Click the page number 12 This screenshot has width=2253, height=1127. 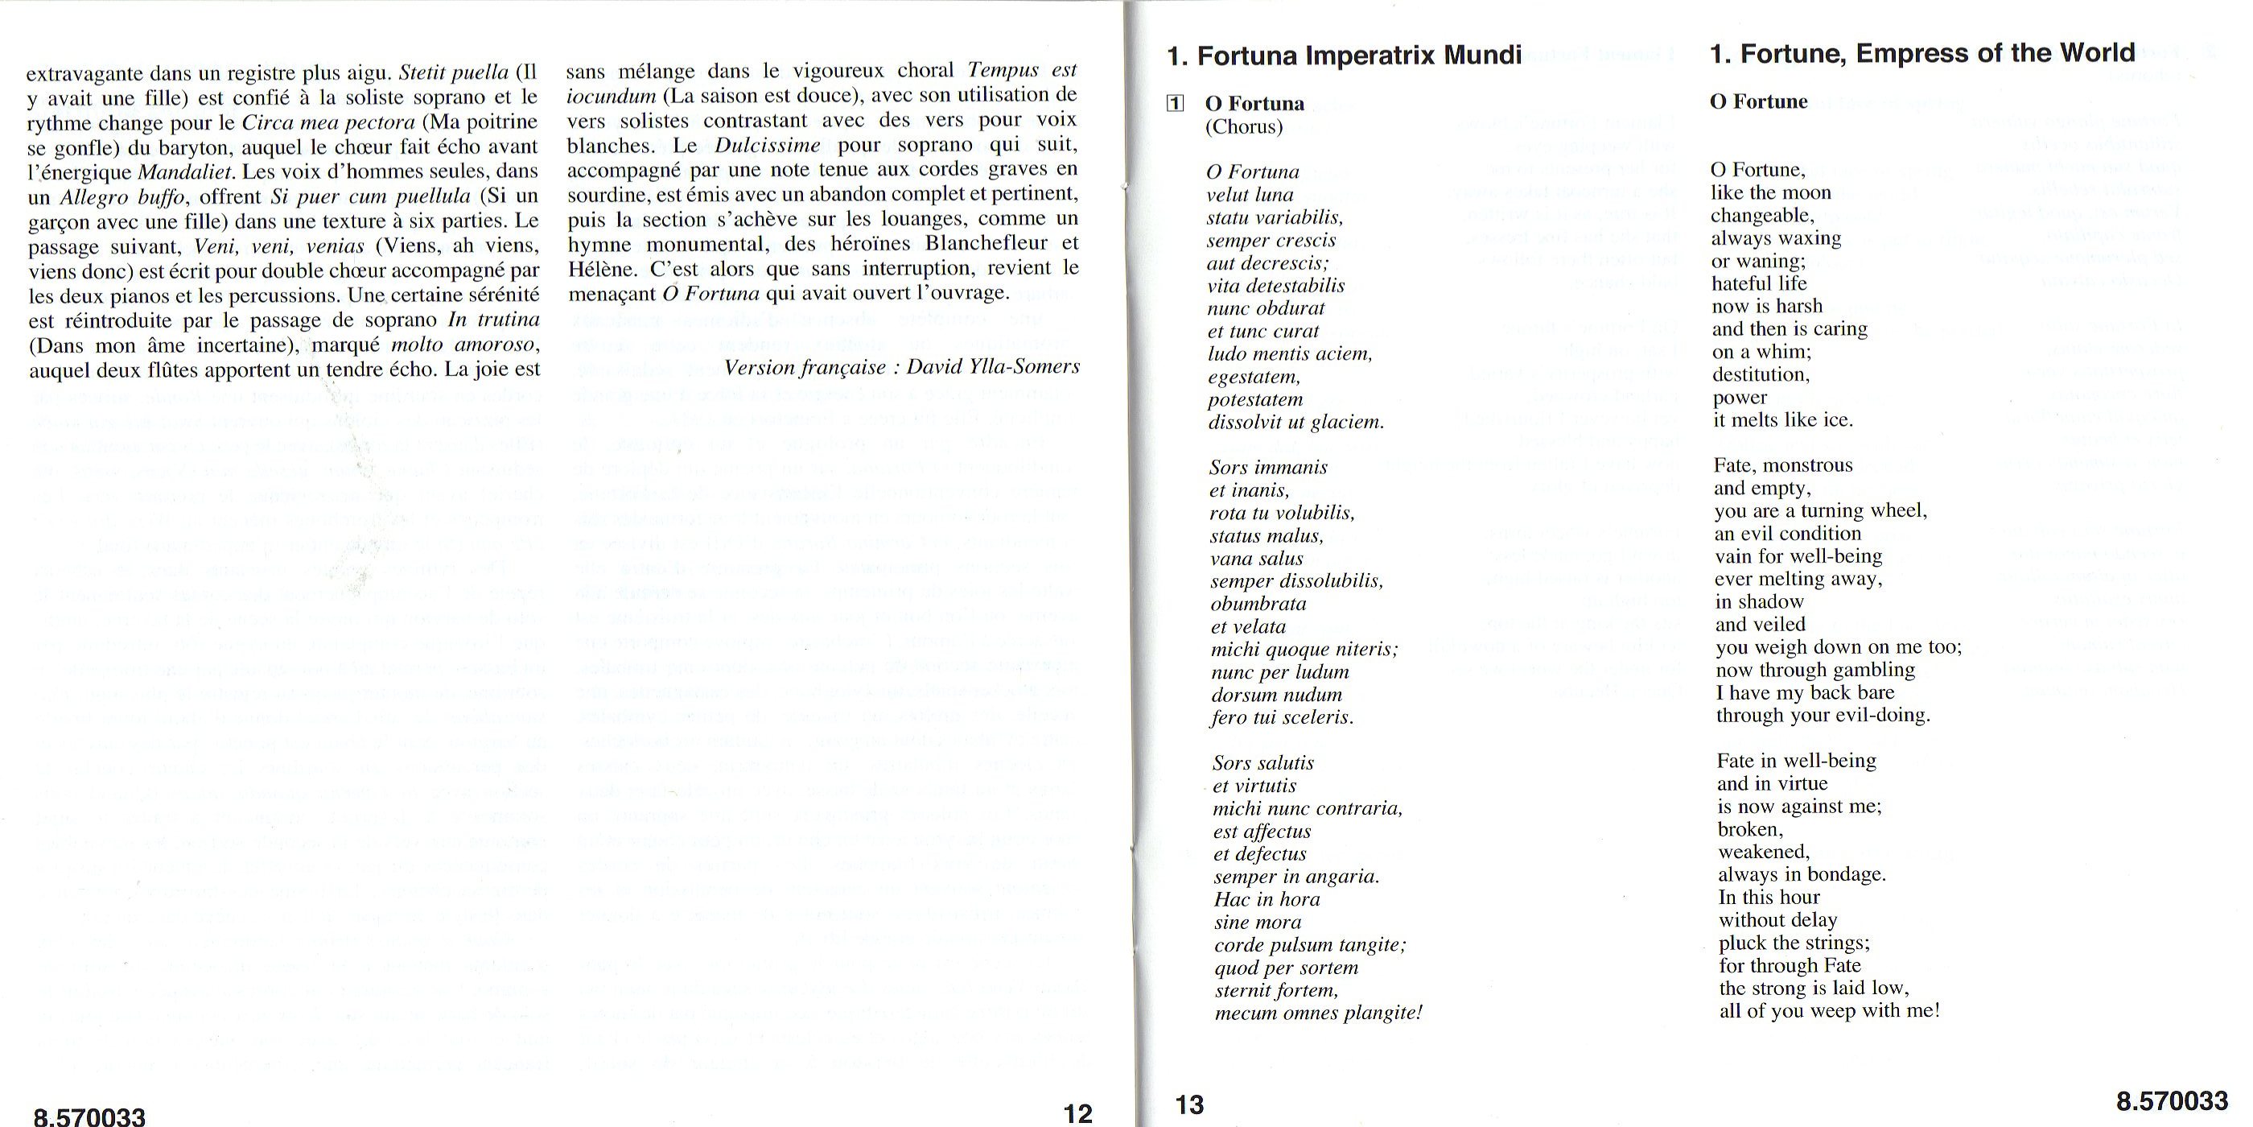point(1077,1113)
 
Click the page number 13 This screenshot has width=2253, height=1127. point(1189,1104)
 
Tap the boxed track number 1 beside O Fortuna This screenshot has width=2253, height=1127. point(1176,103)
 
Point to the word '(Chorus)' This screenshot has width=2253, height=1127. point(1244,127)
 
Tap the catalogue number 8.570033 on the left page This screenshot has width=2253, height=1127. point(89,1116)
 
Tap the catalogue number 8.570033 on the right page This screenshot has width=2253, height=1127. point(2172,1100)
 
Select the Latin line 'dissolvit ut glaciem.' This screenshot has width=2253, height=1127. point(1296,423)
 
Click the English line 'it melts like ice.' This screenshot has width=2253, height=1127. point(1782,420)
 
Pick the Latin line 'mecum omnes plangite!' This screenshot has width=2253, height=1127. point(1318,1013)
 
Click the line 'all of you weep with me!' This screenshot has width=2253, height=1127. point(1829,1010)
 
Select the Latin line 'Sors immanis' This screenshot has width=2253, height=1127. point(1268,467)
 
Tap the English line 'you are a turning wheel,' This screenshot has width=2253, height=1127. point(1820,511)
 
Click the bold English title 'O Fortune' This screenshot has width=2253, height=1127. point(1758,101)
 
